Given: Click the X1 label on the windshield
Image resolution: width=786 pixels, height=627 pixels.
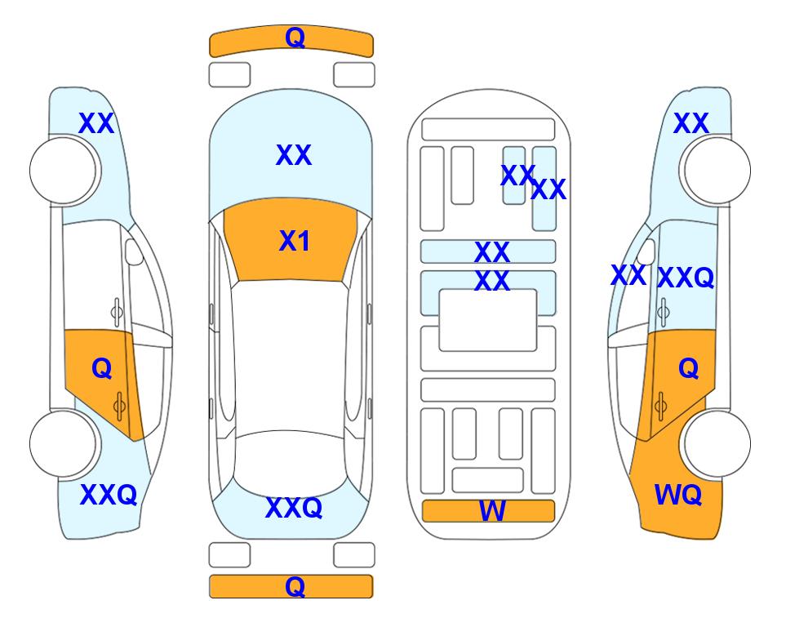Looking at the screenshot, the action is [295, 242].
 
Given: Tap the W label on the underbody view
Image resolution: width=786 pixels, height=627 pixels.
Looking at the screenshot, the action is [492, 511].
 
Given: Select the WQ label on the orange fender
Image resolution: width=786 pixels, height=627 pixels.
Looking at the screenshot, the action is [678, 496].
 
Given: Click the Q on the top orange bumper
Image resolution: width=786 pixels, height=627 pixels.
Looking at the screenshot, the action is [295, 38].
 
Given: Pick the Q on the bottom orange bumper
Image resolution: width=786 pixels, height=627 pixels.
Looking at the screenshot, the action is [295, 586].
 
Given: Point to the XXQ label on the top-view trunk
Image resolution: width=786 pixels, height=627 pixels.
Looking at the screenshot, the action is [294, 508].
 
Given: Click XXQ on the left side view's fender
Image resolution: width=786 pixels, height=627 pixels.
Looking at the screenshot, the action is [109, 495].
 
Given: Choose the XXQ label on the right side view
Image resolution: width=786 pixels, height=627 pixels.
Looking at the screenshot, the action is [686, 278].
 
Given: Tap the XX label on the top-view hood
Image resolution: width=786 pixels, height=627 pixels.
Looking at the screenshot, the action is [294, 155].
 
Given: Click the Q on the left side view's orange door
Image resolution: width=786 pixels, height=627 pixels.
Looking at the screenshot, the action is [102, 369].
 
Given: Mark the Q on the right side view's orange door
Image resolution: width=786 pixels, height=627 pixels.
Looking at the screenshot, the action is [689, 369].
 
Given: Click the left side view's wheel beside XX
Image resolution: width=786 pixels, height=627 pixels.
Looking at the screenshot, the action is [63, 171].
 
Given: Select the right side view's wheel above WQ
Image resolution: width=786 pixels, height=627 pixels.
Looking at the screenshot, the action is [717, 444].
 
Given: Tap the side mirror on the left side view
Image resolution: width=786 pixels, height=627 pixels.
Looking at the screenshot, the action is [134, 251].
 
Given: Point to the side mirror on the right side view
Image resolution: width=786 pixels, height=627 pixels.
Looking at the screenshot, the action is [646, 251].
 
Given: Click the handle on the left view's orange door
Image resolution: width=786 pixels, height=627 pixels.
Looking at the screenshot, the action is [119, 406].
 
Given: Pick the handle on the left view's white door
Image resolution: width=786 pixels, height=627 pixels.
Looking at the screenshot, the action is [117, 313].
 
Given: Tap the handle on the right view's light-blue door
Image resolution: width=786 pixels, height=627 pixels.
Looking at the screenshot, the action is [664, 312].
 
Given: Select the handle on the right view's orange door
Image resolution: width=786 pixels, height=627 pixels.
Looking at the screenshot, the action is [660, 406].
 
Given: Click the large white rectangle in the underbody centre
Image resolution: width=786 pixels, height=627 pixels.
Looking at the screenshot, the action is [488, 320].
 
